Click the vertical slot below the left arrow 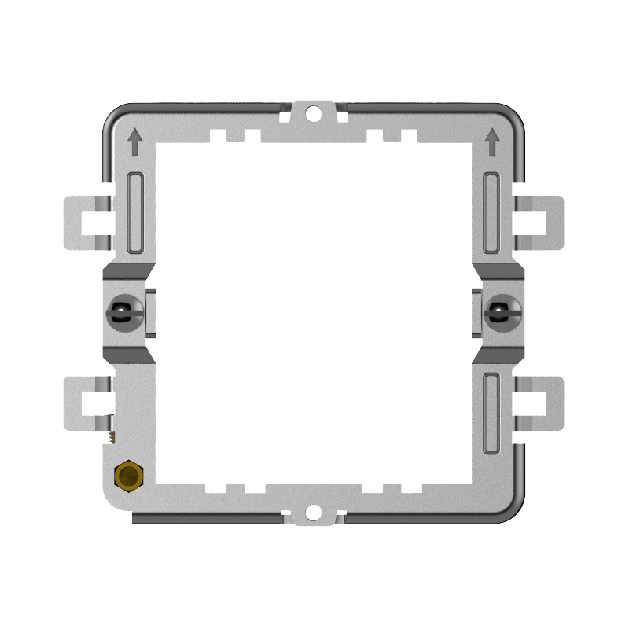(x=135, y=212)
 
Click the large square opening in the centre (x=314, y=314)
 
